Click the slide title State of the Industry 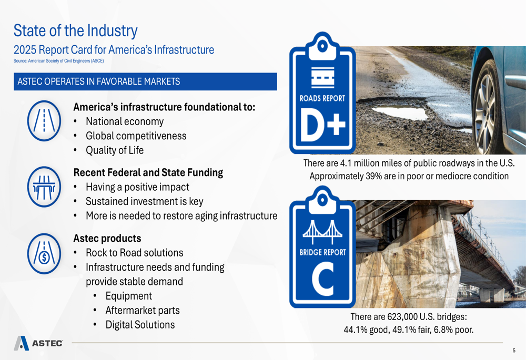click(x=75, y=31)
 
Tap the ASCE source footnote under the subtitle click(x=59, y=61)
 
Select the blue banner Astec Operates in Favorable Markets click(x=145, y=81)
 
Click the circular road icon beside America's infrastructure click(x=44, y=121)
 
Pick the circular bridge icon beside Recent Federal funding click(x=44, y=187)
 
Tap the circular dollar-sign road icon click(x=44, y=253)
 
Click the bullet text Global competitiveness click(x=136, y=136)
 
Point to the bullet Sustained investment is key click(x=145, y=201)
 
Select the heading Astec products click(x=107, y=238)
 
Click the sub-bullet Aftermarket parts click(x=143, y=311)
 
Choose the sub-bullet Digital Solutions click(x=140, y=325)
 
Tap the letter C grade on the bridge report click(x=323, y=279)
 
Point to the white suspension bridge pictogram click(x=322, y=231)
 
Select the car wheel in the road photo click(x=487, y=108)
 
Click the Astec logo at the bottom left click(x=38, y=343)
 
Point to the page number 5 click(x=514, y=351)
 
